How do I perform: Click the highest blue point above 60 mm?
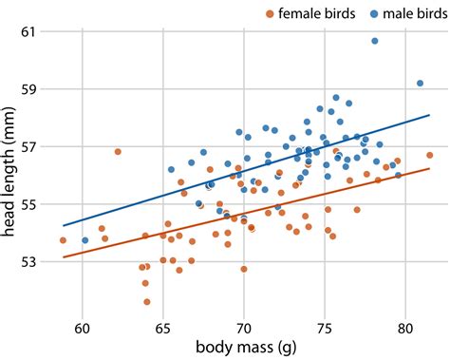[375, 41]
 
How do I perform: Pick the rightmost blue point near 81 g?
[420, 84]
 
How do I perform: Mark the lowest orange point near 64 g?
[147, 302]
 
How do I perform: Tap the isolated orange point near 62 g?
[118, 151]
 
